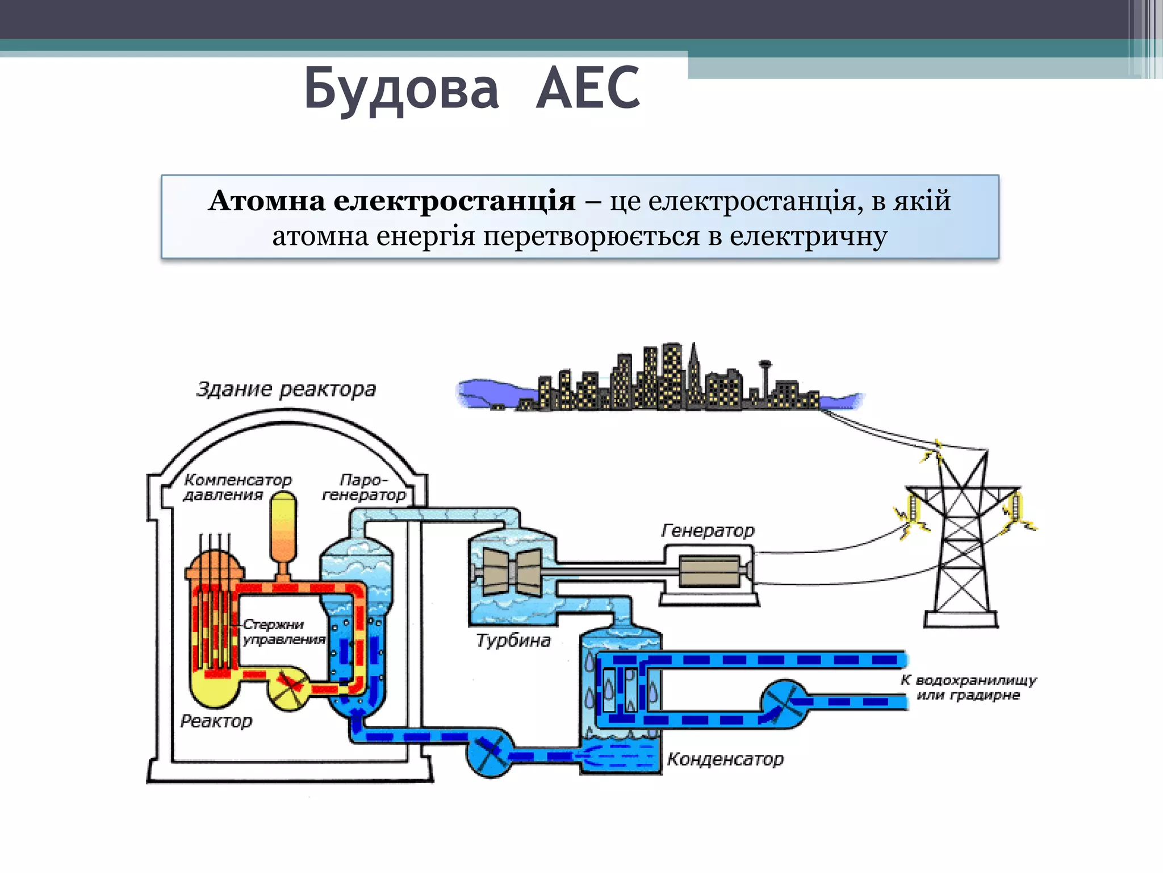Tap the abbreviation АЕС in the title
pos(588,88)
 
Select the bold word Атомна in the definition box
pos(266,201)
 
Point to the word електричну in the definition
pos(808,236)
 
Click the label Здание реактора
pos(286,389)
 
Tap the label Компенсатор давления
pos(237,487)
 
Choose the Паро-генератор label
pos(364,487)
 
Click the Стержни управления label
pos(283,631)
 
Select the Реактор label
pos(216,721)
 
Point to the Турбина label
pos(513,641)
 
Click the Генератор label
pos(708,530)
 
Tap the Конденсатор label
pos(725,759)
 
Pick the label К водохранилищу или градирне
pos(968,687)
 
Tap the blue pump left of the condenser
pos(490,753)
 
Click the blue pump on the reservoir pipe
pos(784,704)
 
